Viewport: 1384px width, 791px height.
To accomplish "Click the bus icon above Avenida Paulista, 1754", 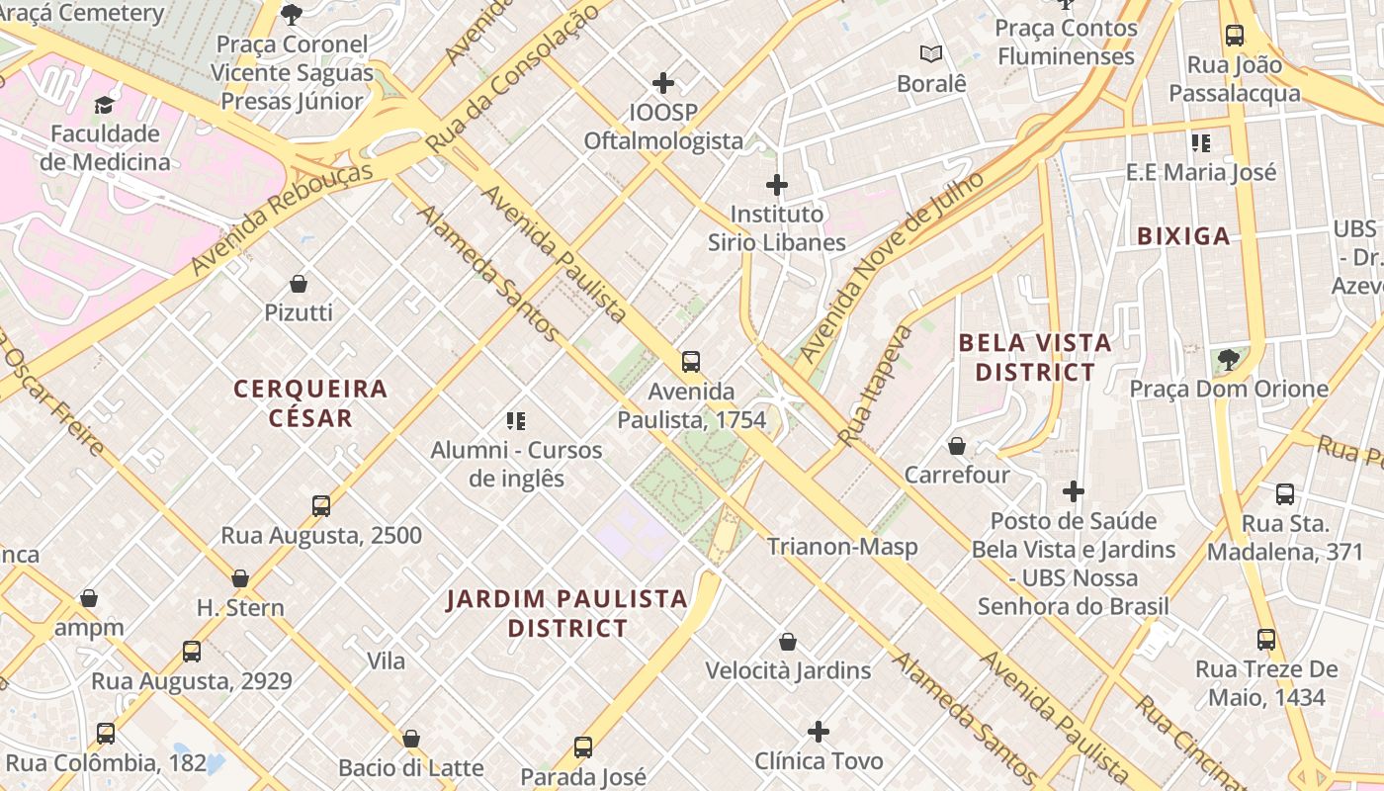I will [691, 362].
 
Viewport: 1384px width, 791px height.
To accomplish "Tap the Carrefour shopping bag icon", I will [956, 446].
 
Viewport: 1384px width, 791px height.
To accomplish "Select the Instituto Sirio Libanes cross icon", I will [777, 185].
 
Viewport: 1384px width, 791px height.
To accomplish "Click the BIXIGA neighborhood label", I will [1183, 236].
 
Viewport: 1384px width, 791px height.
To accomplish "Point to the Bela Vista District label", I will [1035, 358].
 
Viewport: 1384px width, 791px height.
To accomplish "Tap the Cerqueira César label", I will [310, 402].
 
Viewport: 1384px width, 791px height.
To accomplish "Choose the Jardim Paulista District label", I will [566, 613].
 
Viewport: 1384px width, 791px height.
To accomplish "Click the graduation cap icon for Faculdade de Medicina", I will [104, 105].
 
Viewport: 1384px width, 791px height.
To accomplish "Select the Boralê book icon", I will [930, 54].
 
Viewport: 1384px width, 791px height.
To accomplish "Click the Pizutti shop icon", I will [299, 284].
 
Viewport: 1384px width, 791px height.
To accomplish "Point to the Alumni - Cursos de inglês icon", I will [515, 422].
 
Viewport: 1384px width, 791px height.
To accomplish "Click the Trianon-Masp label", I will [842, 547].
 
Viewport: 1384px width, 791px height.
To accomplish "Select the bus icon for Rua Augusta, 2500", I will [321, 506].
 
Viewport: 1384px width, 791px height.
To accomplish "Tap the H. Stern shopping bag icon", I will [240, 578].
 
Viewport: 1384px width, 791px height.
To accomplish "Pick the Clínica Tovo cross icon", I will [819, 732].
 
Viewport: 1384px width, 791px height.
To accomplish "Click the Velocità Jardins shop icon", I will [788, 642].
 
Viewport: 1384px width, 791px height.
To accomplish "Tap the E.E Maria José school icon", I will [1201, 143].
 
